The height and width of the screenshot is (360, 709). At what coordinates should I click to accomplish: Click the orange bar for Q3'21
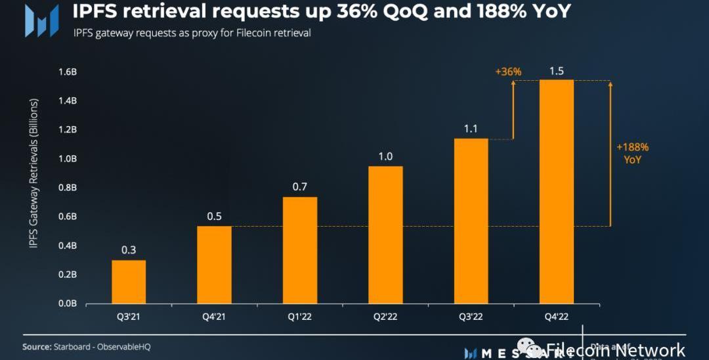129,282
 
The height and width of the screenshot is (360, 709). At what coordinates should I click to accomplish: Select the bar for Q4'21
214,265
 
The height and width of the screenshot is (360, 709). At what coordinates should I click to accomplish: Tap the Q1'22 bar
299,250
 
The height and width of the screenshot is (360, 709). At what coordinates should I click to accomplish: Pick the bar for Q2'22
385,235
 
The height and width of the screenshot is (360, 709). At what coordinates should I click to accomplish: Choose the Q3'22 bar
471,221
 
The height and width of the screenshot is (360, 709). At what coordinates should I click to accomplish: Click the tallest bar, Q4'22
556,192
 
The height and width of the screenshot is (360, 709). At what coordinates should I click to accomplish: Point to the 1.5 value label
556,71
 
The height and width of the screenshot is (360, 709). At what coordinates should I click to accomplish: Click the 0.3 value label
129,250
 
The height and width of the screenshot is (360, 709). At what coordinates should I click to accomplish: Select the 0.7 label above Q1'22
299,187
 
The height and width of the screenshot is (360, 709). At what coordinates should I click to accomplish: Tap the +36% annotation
508,72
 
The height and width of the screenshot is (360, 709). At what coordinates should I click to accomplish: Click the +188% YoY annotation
632,153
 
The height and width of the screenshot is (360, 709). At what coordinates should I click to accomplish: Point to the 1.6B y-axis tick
68,72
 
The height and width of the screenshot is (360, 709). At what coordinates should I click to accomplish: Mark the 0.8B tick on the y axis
68,188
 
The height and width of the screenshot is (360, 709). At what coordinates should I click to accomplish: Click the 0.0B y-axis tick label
68,304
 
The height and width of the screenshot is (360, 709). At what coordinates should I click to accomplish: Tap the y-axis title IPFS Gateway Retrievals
33,173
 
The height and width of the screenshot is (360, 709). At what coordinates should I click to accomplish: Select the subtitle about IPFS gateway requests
192,33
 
